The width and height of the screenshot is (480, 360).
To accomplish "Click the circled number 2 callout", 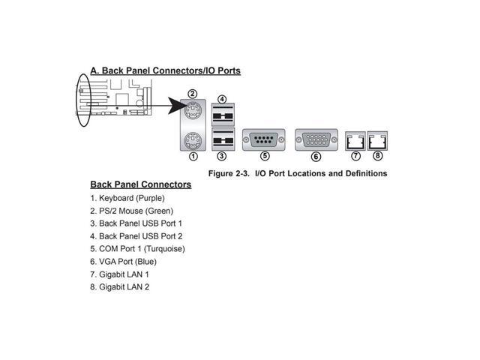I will point(193,94).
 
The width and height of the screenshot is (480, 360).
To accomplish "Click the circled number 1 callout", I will point(193,157).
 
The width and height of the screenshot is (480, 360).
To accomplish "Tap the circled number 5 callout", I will point(265,157).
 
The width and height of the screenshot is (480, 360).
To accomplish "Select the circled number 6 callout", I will point(316,157).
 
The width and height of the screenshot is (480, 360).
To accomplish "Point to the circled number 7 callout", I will point(355,156).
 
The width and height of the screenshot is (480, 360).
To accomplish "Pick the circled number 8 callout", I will point(377,156).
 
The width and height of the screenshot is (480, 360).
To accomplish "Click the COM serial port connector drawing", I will point(265,139).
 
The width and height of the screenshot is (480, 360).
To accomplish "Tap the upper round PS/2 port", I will point(193,111).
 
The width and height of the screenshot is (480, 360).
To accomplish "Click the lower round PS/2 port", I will point(193,139).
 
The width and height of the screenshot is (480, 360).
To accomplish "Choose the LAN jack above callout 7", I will point(355,139).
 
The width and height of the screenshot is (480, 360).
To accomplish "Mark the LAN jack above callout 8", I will point(376,139).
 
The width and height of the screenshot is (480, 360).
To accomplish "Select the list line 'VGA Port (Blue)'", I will point(123,261).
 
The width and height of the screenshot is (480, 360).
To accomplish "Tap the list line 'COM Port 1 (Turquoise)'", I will point(137,248).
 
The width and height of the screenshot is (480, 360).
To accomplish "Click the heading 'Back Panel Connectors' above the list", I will point(141,184).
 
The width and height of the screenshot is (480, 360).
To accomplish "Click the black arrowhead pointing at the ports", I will point(178,107).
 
